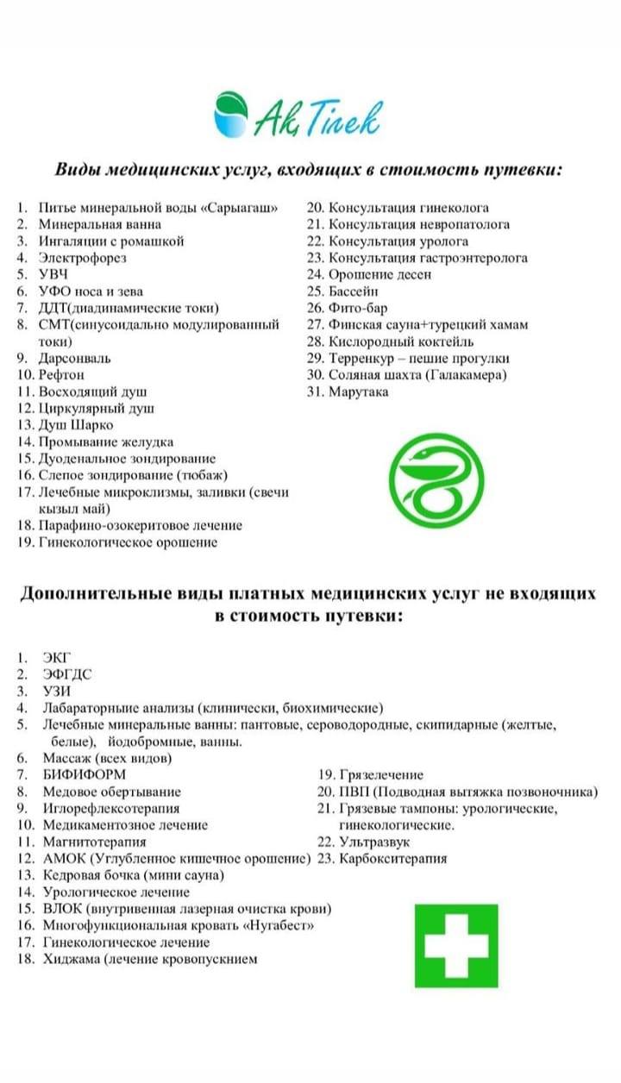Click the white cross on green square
pyautogui.click(x=461, y=945)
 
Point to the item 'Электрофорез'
pyautogui.click(x=83, y=258)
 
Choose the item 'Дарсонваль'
pyautogui.click(x=74, y=358)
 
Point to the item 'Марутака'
pyautogui.click(x=359, y=391)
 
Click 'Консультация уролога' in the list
pyautogui.click(x=398, y=241)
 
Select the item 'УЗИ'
pyautogui.click(x=57, y=692)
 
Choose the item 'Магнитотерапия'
pyautogui.click(x=95, y=842)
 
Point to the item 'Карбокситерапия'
pyautogui.click(x=393, y=859)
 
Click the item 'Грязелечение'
pyautogui.click(x=381, y=775)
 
